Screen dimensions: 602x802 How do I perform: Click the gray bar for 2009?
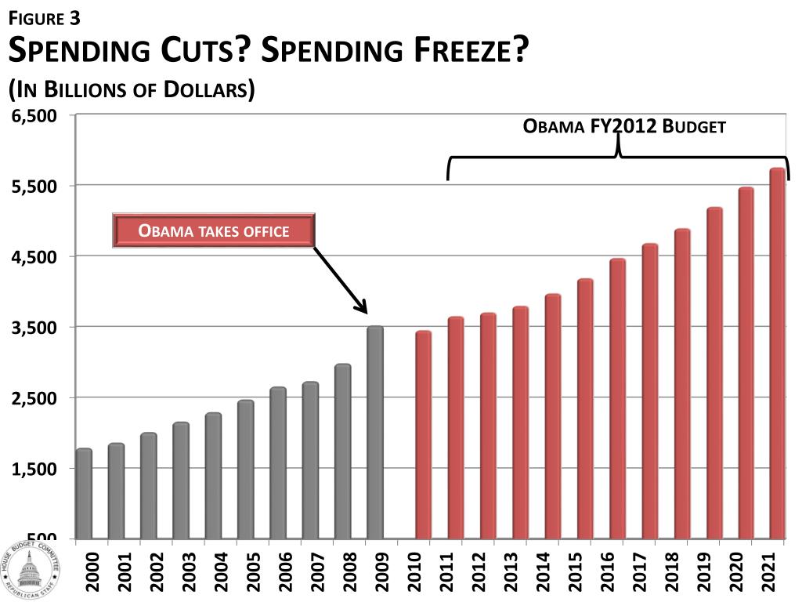(375, 432)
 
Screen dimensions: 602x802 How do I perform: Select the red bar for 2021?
(777, 353)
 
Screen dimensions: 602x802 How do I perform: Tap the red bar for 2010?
(423, 434)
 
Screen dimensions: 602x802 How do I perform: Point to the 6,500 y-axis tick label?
(35, 116)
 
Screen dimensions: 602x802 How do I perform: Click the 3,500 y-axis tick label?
(35, 327)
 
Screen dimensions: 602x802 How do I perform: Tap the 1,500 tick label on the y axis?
(35, 469)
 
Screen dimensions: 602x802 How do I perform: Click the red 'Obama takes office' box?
(214, 230)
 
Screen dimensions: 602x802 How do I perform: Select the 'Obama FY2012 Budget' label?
(624, 126)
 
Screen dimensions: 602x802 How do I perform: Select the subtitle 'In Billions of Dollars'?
(131, 89)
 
